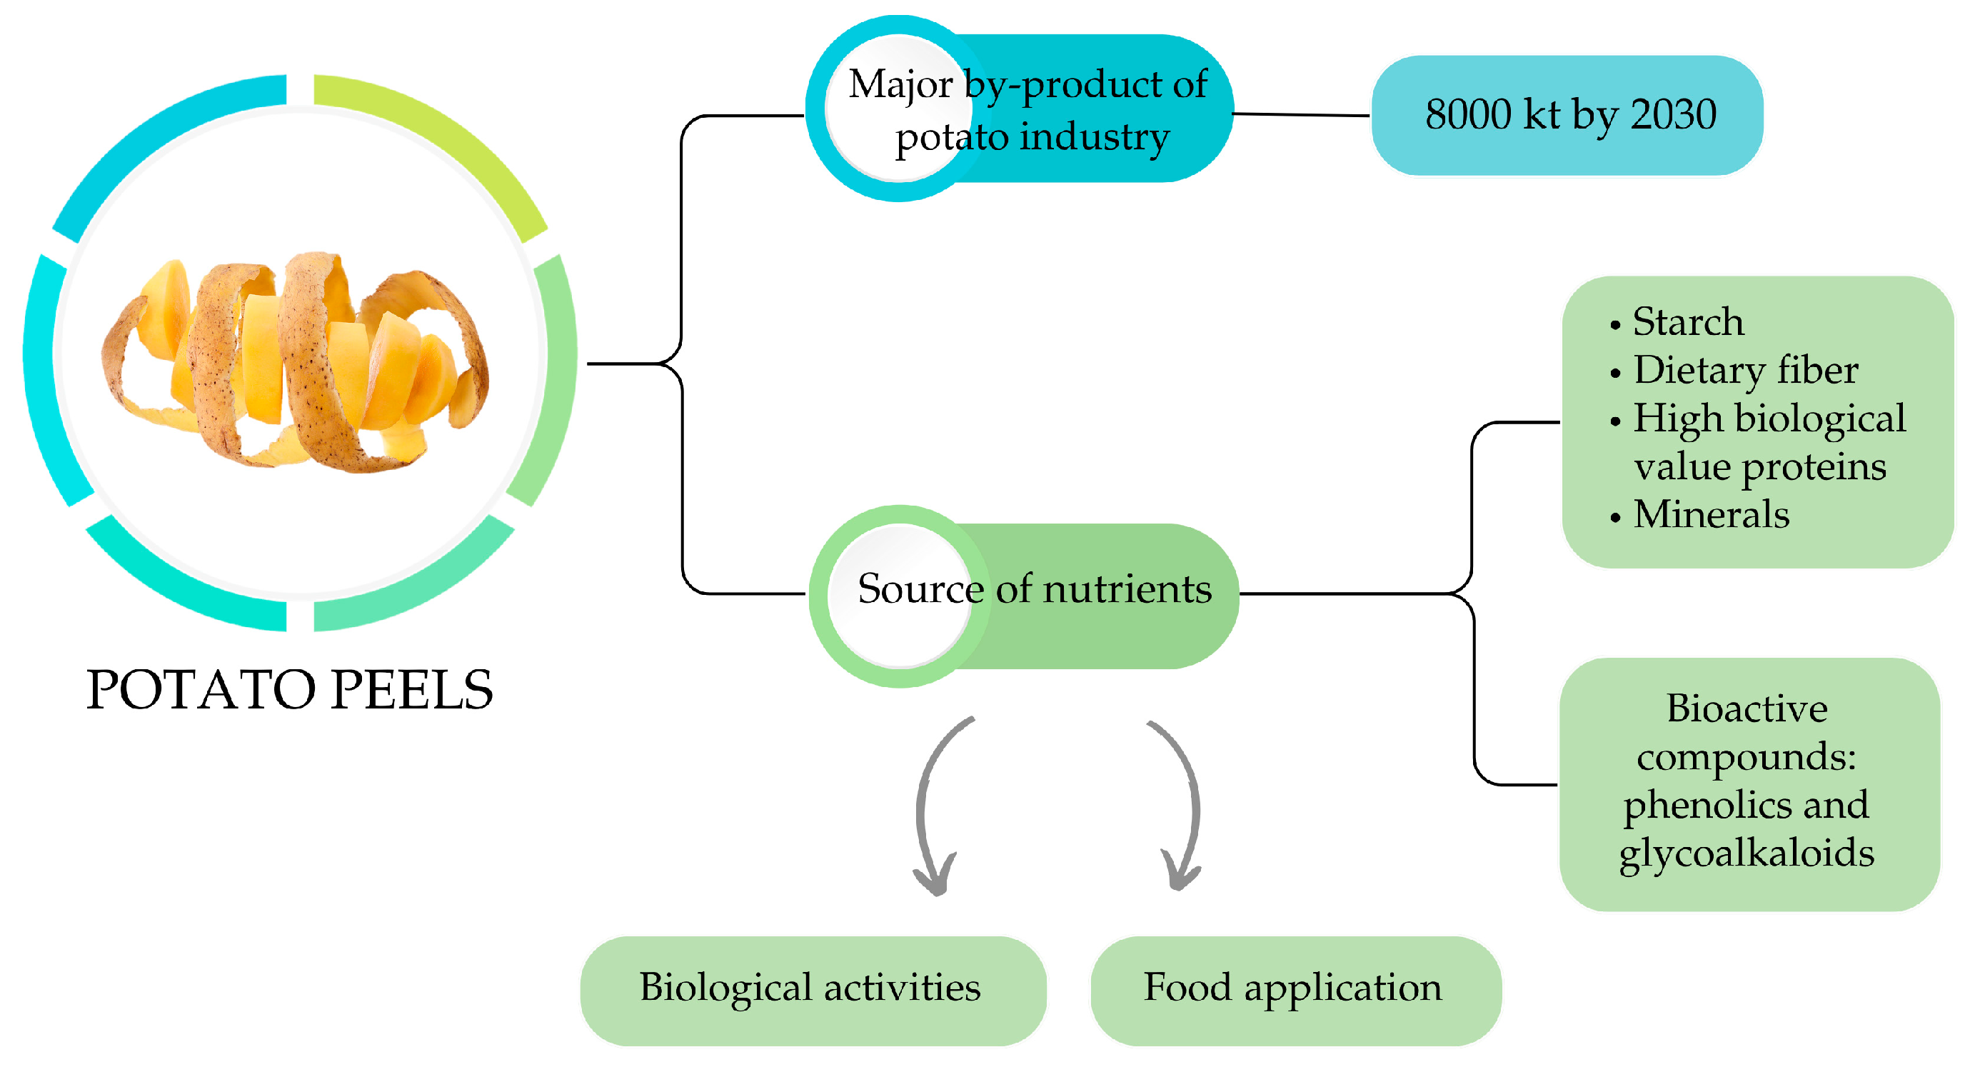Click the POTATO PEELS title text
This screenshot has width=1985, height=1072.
tap(289, 690)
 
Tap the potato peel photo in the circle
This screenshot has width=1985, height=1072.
tap(296, 362)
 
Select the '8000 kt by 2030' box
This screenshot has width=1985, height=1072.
tap(1568, 116)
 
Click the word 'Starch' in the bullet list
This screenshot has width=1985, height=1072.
tap(1687, 321)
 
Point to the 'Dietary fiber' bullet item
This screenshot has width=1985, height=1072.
tap(1745, 370)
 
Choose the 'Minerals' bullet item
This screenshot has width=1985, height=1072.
tap(1711, 515)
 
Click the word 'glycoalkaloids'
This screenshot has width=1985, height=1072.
tap(1746, 854)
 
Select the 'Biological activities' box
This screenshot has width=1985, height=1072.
tap(810, 988)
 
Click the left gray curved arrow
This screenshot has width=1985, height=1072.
tap(928, 809)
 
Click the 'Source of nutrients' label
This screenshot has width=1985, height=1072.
tap(1034, 589)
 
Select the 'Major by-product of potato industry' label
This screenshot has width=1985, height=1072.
tap(1029, 109)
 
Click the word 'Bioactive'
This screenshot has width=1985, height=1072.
tap(1746, 709)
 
